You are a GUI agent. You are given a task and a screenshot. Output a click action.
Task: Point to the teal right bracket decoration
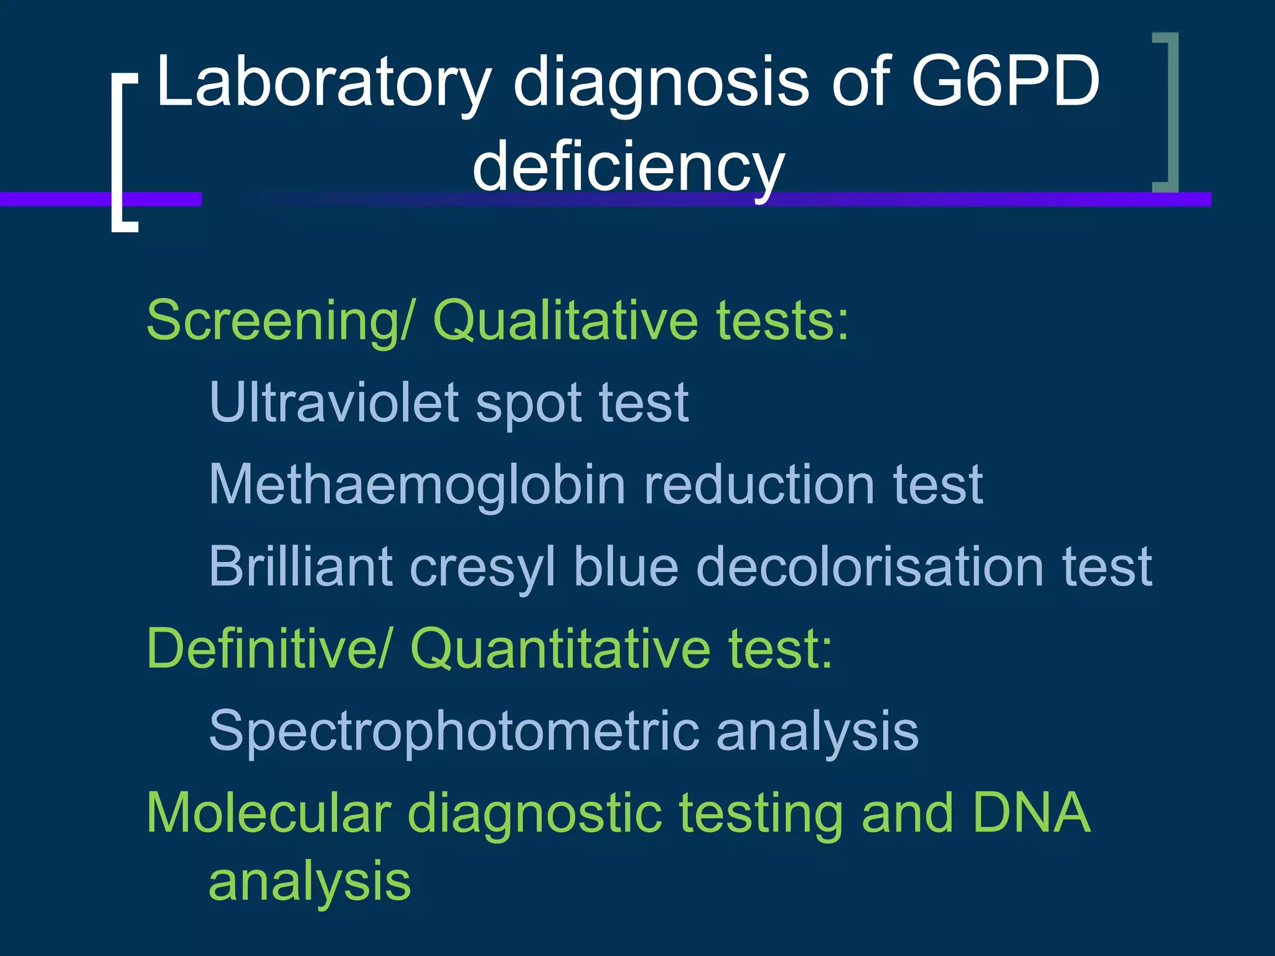coord(1169,112)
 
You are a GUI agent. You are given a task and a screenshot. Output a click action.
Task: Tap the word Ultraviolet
coord(334,403)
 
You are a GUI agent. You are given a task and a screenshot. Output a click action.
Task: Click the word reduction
coord(760,485)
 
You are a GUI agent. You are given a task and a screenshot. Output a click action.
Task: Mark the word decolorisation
coord(869,566)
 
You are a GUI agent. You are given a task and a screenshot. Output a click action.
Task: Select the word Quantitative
coord(560,649)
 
